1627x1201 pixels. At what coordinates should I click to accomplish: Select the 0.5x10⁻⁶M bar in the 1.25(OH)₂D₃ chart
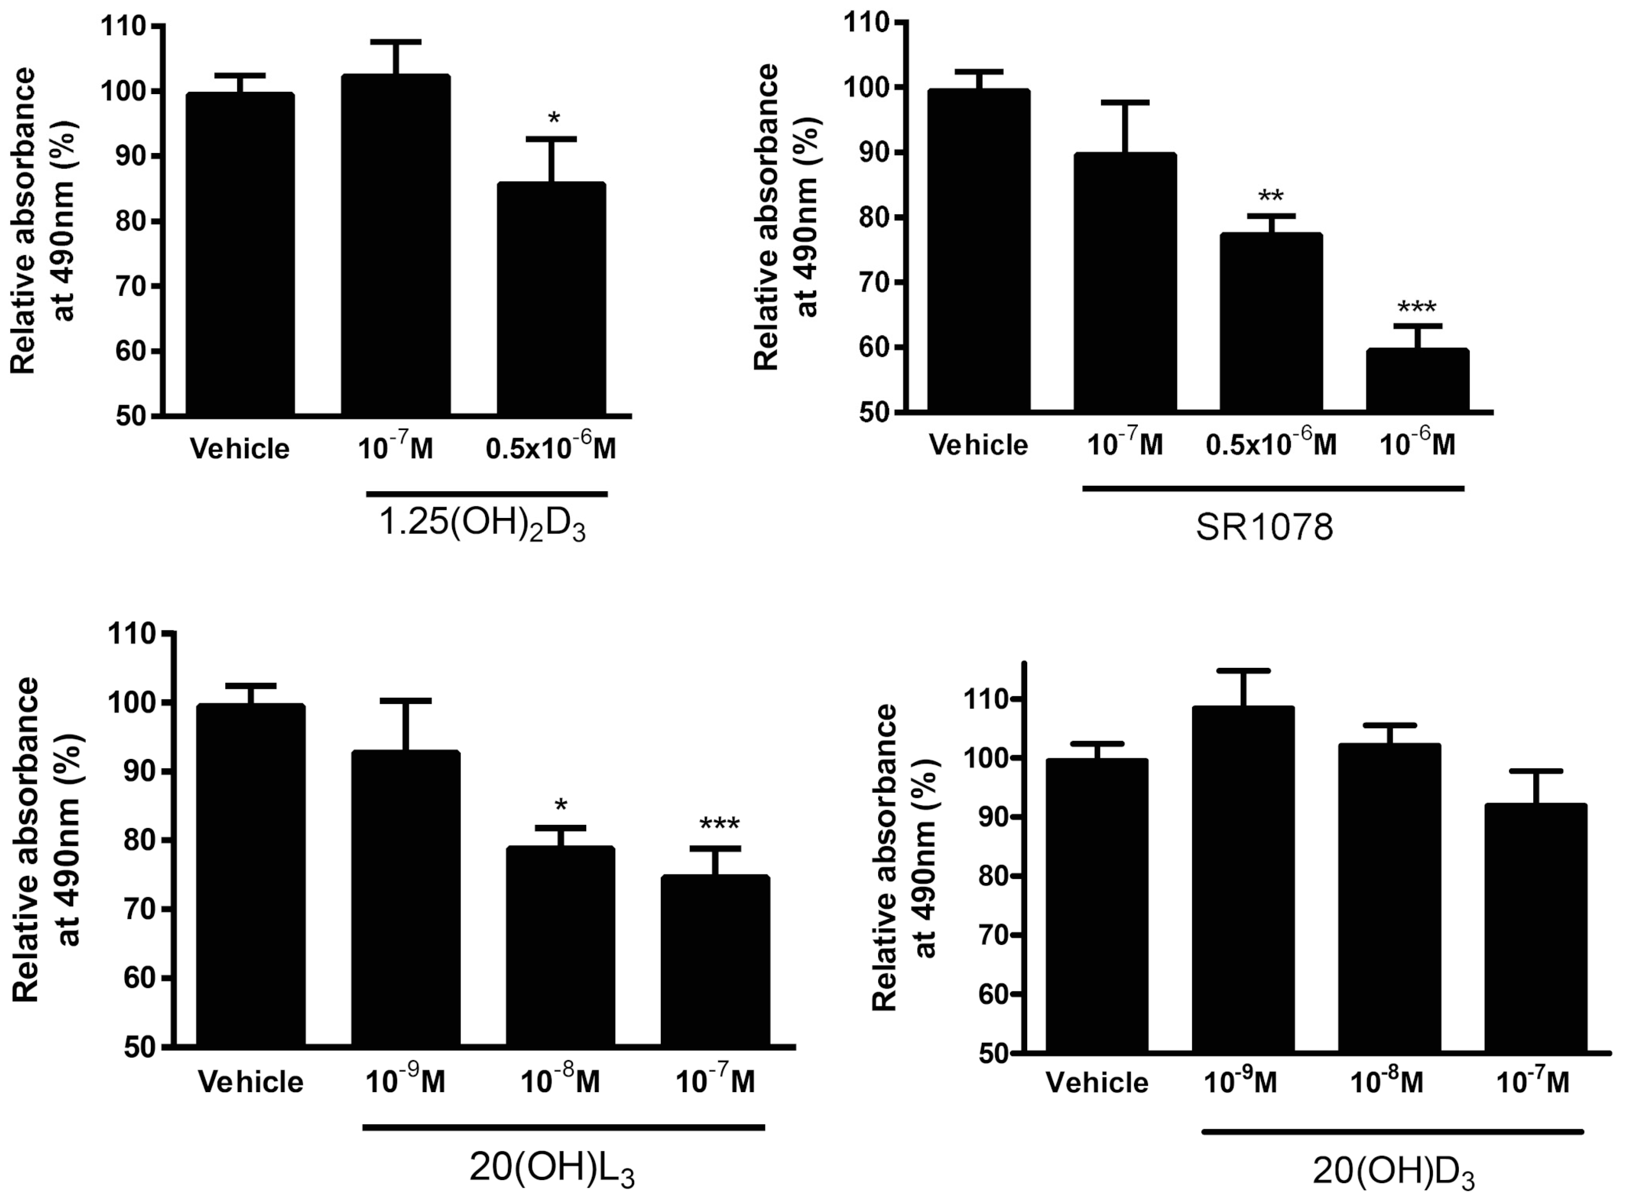pos(551,299)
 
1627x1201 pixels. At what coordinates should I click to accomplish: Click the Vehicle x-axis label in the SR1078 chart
pos(979,445)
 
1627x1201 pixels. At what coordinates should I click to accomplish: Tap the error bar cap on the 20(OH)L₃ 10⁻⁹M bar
pos(406,701)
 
